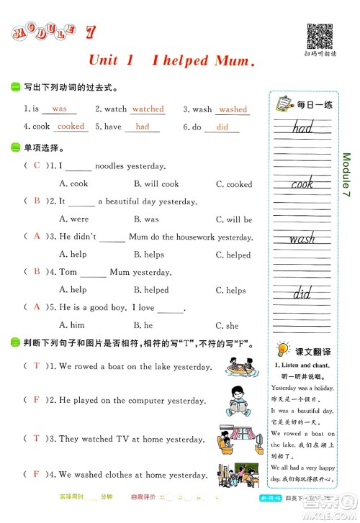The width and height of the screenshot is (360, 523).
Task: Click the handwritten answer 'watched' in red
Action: tap(148, 109)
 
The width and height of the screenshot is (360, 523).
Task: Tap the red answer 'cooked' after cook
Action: tap(71, 126)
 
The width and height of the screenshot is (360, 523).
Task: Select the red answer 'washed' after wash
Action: tap(233, 109)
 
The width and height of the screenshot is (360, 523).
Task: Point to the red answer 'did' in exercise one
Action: tap(222, 127)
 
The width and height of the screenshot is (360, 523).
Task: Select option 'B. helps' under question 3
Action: tap(149, 255)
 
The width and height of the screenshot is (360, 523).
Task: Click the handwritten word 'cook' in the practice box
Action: tap(302, 183)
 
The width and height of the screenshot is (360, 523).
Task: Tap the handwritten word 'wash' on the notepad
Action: tap(302, 238)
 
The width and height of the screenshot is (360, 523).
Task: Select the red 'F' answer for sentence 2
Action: tap(35, 399)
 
